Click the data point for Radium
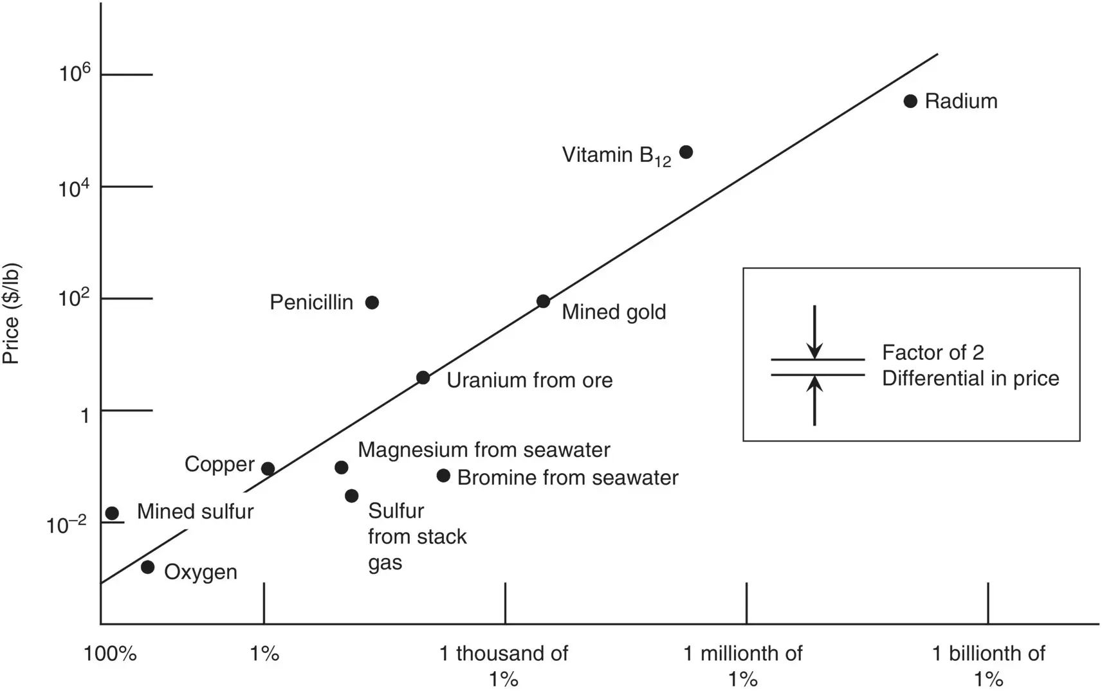click(x=910, y=101)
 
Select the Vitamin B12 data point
click(x=686, y=152)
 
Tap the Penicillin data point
click(x=372, y=302)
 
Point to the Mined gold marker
click(x=543, y=301)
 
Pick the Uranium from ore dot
click(x=423, y=377)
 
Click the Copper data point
click(x=268, y=469)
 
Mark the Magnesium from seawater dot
click(x=342, y=467)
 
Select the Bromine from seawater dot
click(x=443, y=476)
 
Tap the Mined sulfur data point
click(x=112, y=513)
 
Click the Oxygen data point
click(x=147, y=567)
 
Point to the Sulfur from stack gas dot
click(x=351, y=496)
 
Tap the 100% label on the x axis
click(x=110, y=654)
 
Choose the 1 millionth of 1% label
click(x=743, y=666)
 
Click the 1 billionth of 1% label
click(x=988, y=666)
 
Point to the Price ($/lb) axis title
click(x=12, y=314)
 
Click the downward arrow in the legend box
click(x=814, y=332)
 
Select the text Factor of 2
click(x=933, y=352)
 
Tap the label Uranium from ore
click(x=529, y=380)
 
